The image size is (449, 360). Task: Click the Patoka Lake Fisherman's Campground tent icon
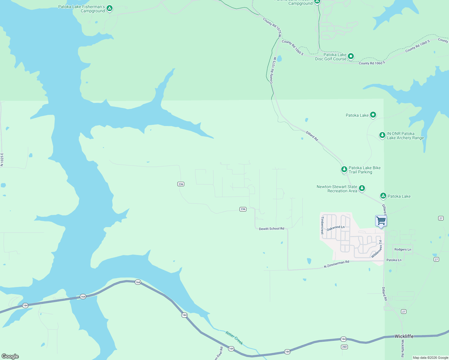pyautogui.click(x=110, y=8)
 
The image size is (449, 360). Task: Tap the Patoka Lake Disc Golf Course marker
pyautogui.click(x=351, y=56)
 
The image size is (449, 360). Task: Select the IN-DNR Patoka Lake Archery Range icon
pyautogui.click(x=382, y=135)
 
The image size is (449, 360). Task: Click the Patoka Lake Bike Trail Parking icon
pyautogui.click(x=344, y=169)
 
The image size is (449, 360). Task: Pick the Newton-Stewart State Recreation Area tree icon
pyautogui.click(x=362, y=188)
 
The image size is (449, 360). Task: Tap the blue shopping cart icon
pyautogui.click(x=381, y=221)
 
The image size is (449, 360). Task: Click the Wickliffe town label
pyautogui.click(x=404, y=336)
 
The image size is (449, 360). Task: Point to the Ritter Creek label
pyautogui.click(x=234, y=338)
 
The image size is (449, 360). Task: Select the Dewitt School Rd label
pyautogui.click(x=271, y=229)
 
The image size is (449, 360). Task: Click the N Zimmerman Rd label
pyautogui.click(x=336, y=264)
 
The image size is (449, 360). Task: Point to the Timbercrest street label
pyautogui.click(x=323, y=225)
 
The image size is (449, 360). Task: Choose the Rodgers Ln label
pyautogui.click(x=402, y=249)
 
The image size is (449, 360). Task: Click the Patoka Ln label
pyautogui.click(x=394, y=260)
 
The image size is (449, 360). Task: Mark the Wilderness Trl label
pyautogui.click(x=377, y=249)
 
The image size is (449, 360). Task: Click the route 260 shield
pyautogui.click(x=344, y=347)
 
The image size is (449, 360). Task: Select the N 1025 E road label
pyautogui.click(x=2, y=160)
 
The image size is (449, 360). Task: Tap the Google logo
pyautogui.click(x=10, y=356)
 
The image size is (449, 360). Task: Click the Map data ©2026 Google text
pyautogui.click(x=430, y=358)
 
